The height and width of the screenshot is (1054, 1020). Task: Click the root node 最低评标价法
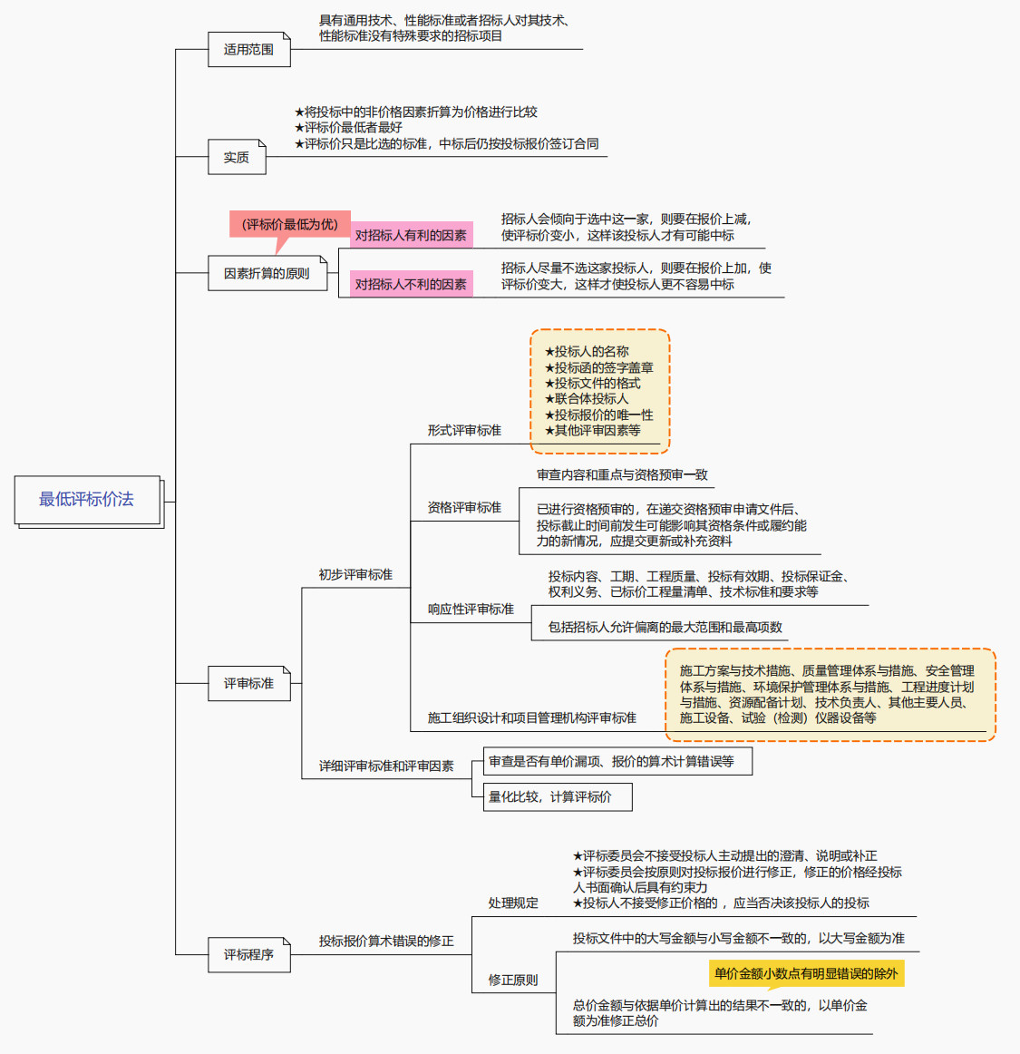point(87,500)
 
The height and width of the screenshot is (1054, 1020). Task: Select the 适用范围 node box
point(249,50)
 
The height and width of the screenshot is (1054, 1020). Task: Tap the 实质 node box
point(237,158)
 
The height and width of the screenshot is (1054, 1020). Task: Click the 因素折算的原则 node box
point(267,273)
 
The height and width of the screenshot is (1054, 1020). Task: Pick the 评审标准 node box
point(248,683)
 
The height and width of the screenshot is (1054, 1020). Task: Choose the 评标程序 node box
point(248,954)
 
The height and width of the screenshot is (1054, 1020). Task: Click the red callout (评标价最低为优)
point(289,225)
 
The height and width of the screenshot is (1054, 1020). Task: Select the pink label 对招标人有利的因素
point(411,236)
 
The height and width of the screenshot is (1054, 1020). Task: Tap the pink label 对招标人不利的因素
point(411,284)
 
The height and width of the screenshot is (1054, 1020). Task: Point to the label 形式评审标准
point(464,430)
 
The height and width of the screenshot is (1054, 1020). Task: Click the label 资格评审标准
point(464,507)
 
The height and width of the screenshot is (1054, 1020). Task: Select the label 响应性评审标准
point(471,609)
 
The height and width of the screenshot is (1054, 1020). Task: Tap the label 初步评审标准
point(355,574)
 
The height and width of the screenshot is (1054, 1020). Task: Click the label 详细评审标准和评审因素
point(386,766)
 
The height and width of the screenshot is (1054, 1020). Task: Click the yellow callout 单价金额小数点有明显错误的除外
point(806,973)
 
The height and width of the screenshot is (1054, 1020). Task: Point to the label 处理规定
point(513,903)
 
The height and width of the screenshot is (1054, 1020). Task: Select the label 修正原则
point(513,980)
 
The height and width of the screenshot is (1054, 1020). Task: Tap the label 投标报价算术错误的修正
point(386,941)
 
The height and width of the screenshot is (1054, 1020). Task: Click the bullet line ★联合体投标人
point(587,399)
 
